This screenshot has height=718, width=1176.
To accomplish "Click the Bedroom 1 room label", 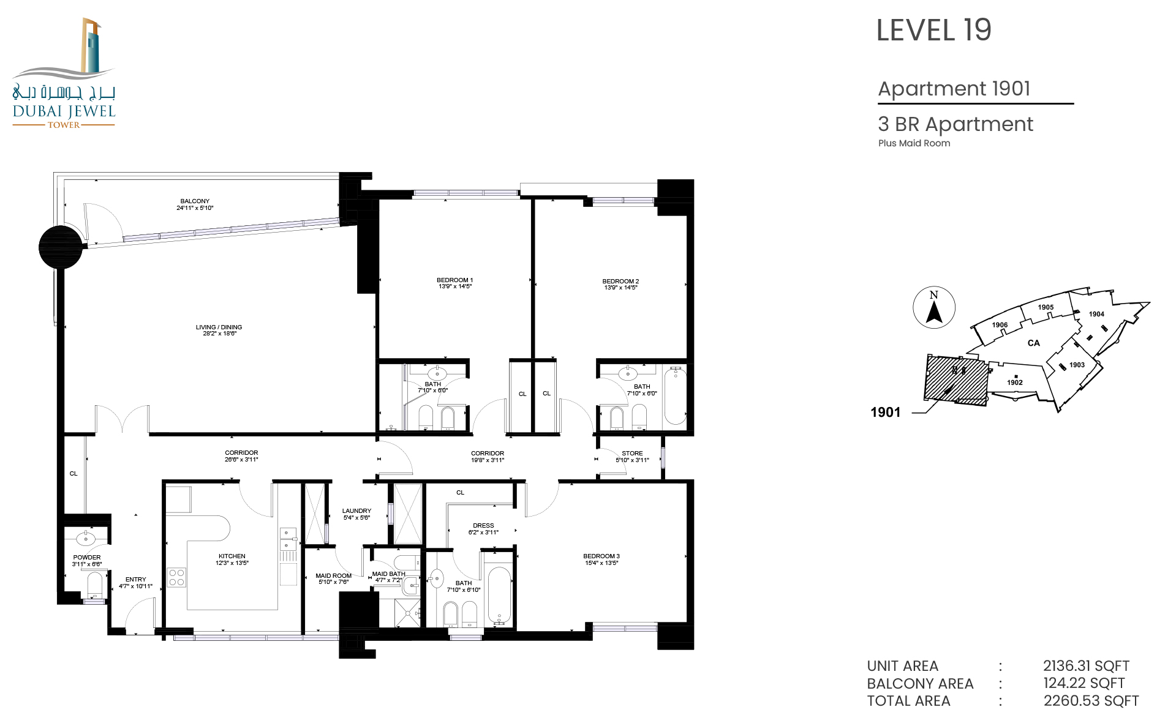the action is pyautogui.click(x=454, y=280).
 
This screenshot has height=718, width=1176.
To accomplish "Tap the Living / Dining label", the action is pyautogui.click(x=219, y=327).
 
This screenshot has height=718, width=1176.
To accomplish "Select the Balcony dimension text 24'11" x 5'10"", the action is pyautogui.click(x=195, y=208).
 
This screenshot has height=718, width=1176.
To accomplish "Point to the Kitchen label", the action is pyautogui.click(x=232, y=556).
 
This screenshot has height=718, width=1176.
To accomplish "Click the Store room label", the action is pyautogui.click(x=632, y=454).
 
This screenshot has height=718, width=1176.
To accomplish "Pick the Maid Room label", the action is pyautogui.click(x=333, y=575).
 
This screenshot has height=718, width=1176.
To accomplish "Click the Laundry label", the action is pyautogui.click(x=356, y=510).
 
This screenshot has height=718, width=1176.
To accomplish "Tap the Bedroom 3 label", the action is pyautogui.click(x=601, y=556).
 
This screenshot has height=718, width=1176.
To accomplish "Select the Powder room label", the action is pyautogui.click(x=87, y=558).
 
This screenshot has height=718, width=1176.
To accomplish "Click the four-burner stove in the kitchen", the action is pyautogui.click(x=176, y=577).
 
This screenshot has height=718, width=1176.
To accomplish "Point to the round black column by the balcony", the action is pyautogui.click(x=61, y=247).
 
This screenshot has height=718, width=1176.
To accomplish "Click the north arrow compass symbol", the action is pyautogui.click(x=934, y=308).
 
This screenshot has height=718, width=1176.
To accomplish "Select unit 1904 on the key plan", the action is pyautogui.click(x=1096, y=314).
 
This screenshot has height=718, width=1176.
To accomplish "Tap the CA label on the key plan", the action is pyautogui.click(x=1034, y=343).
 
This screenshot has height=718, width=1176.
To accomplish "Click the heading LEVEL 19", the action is pyautogui.click(x=933, y=30).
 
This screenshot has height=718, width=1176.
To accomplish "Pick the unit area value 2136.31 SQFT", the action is pyautogui.click(x=1087, y=666).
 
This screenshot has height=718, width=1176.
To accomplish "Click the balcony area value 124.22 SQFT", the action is pyautogui.click(x=1084, y=683).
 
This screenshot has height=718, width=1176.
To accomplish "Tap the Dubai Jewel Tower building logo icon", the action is pyautogui.click(x=91, y=46).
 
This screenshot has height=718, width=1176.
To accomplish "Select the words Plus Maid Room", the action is pyautogui.click(x=914, y=143).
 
